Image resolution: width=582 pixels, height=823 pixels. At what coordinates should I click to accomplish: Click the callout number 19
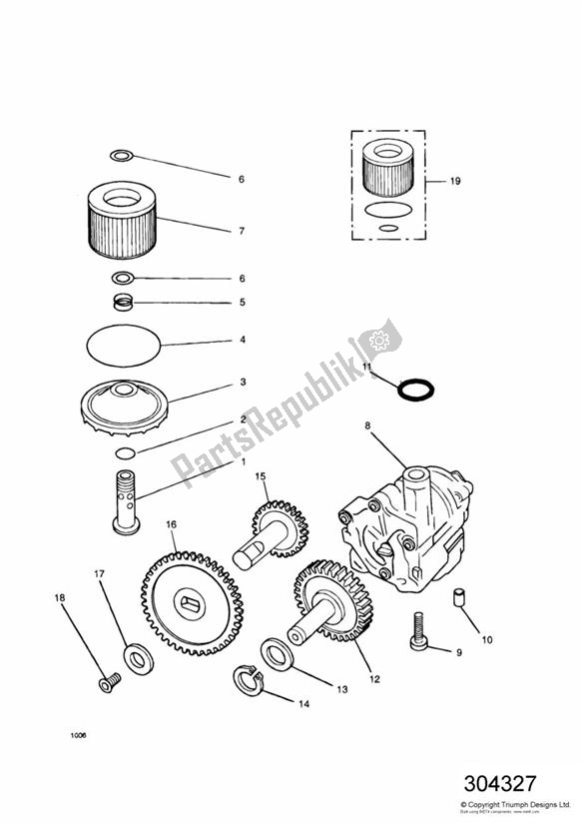click(x=455, y=183)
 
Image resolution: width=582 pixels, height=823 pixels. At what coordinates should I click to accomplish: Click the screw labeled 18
click(x=105, y=682)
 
